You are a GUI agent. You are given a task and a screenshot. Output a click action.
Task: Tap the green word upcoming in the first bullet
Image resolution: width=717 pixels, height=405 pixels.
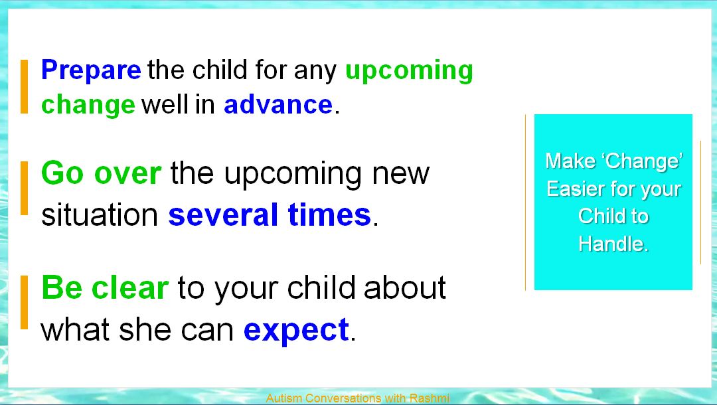click(409, 71)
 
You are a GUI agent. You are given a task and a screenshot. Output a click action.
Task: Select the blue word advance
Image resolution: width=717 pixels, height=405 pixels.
click(278, 105)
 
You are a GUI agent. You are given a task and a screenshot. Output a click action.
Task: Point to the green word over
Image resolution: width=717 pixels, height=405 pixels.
click(127, 173)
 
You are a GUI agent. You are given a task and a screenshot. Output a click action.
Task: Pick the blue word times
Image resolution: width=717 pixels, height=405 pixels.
click(329, 214)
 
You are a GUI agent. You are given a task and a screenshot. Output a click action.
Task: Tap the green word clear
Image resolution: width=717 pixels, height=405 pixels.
click(130, 287)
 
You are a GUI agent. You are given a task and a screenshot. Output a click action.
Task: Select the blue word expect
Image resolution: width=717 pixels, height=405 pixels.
click(296, 330)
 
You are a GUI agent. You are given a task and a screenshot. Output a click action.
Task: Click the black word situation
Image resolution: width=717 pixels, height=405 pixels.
click(100, 214)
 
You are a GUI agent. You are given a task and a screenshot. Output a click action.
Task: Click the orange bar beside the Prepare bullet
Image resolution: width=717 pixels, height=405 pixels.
click(25, 86)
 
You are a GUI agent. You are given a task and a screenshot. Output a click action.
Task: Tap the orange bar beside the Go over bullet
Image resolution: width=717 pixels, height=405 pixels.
click(25, 188)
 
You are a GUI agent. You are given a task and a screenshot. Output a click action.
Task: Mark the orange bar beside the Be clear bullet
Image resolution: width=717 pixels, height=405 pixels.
click(25, 302)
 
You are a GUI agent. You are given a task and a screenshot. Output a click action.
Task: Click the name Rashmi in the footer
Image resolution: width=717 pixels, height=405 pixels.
click(430, 398)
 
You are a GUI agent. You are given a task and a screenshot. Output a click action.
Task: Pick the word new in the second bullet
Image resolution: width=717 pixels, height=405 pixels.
click(400, 173)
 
